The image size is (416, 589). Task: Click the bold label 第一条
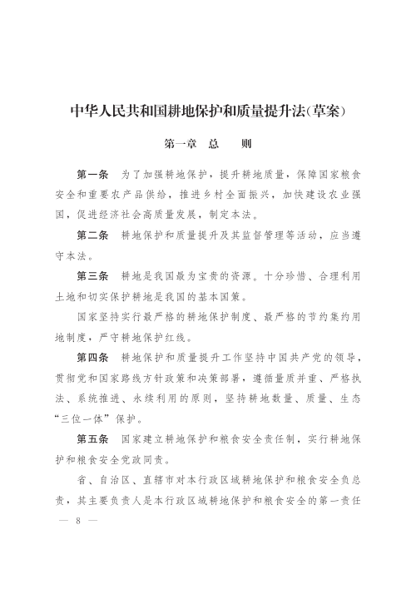coord(92,176)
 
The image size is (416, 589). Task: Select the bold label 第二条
coord(92,235)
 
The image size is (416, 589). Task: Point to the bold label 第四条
coord(92,357)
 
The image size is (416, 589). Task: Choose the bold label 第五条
coord(92,438)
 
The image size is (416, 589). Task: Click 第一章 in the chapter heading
coord(181,143)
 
